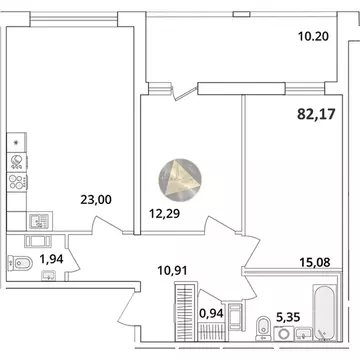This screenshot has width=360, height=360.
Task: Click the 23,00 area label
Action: click(x=95, y=199)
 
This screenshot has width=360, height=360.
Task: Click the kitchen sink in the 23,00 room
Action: click(x=37, y=218)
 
